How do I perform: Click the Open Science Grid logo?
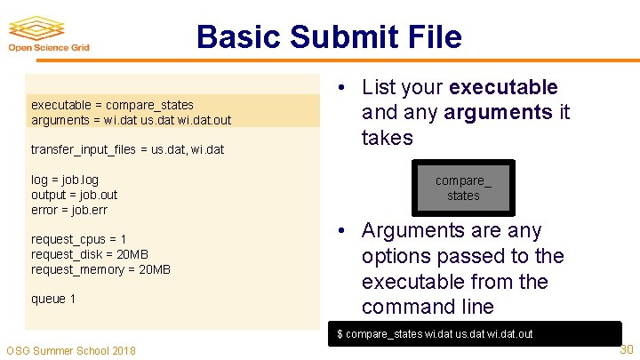(x=49, y=35)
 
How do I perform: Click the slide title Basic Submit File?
(x=329, y=37)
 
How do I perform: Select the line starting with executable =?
(x=112, y=105)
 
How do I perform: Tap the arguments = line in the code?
(x=131, y=120)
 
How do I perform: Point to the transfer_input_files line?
(x=127, y=150)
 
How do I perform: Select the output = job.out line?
(x=74, y=195)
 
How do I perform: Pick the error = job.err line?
(x=69, y=210)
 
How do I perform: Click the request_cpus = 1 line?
(x=78, y=239)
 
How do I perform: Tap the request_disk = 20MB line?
(x=88, y=254)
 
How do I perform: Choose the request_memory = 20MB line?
(x=100, y=269)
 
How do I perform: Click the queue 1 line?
(x=53, y=299)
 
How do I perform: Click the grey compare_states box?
(x=463, y=188)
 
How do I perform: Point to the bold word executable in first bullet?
(x=503, y=87)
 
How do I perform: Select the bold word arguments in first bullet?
(x=498, y=113)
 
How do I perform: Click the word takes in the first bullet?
(x=388, y=138)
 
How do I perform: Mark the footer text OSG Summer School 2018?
(x=71, y=350)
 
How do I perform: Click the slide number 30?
(x=626, y=349)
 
